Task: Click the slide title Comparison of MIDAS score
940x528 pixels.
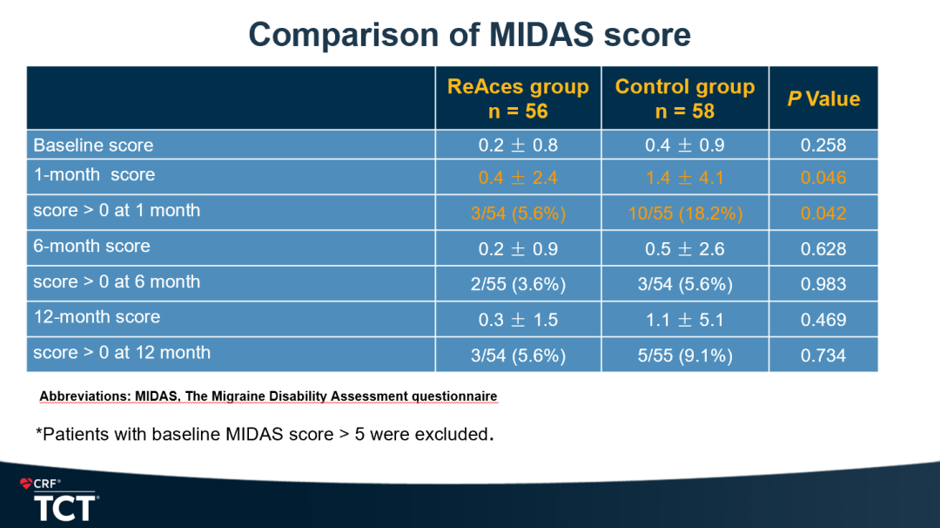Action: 469,35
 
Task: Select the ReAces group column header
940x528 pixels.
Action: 518,98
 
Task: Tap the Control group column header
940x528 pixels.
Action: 684,98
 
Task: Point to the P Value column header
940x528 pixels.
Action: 823,99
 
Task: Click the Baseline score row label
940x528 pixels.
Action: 93,146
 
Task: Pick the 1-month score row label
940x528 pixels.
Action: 94,174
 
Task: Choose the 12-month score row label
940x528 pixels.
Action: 97,317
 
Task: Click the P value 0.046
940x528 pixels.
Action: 823,178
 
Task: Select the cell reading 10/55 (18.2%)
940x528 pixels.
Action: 684,213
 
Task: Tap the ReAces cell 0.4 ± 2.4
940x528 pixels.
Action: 518,178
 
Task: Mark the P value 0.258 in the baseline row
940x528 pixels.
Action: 823,146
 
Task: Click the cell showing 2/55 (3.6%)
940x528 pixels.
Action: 518,285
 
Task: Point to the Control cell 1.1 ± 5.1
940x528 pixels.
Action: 684,320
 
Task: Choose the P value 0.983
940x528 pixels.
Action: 823,285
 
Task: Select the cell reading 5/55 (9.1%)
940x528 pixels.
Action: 684,355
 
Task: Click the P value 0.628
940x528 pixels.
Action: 823,249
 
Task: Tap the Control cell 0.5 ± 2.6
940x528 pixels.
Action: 684,249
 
